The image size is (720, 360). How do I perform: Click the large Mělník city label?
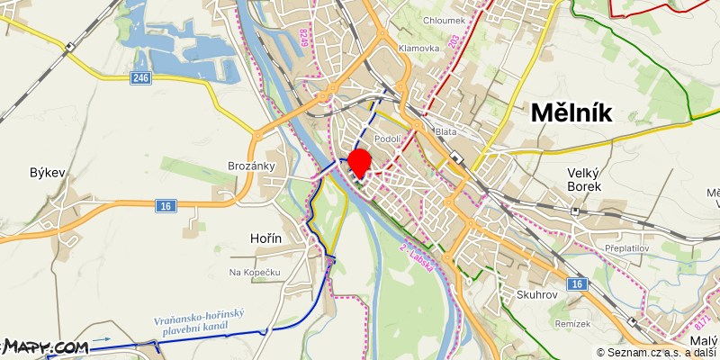point(571,112)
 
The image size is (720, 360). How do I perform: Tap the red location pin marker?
point(360,163)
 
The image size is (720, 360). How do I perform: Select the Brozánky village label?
point(251,166)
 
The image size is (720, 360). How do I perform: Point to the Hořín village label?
point(265,238)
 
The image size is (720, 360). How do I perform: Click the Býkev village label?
point(48,173)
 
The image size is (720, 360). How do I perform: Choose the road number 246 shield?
point(139,78)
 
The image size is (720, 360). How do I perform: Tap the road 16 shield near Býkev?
point(164,207)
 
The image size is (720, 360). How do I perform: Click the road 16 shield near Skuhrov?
point(577,284)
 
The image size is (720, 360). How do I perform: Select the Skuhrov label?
point(538,294)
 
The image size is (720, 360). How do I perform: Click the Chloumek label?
point(443,19)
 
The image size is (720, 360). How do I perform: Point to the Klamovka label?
point(418,48)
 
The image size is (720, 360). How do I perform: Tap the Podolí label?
point(388,139)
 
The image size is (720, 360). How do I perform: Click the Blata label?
point(445,131)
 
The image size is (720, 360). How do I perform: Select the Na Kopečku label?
point(256,272)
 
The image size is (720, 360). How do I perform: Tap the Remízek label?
point(572,323)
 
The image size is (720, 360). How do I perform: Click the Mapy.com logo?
point(45,346)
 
